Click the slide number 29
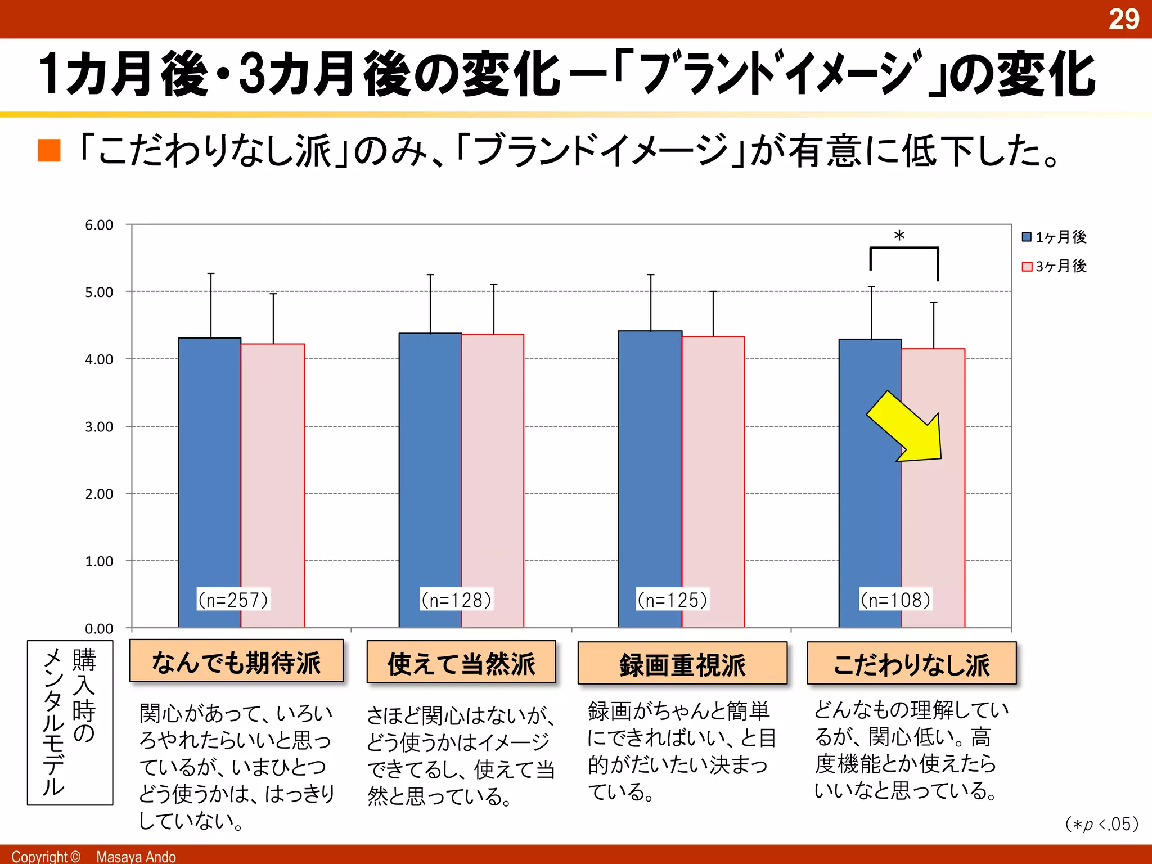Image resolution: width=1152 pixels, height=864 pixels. [x=1123, y=19]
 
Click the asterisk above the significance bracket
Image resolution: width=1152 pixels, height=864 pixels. [x=899, y=236]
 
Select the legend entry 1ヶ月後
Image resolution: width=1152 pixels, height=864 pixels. [x=1054, y=237]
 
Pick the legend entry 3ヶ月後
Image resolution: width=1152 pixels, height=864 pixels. [x=1054, y=266]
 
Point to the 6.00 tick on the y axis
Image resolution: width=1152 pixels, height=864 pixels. [x=99, y=225]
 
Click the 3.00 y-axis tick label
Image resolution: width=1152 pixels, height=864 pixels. [x=99, y=427]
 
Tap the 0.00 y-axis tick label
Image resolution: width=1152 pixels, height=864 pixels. [x=99, y=628]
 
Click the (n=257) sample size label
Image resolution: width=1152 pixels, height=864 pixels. [x=233, y=600]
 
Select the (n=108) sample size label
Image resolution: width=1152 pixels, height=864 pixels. [x=895, y=600]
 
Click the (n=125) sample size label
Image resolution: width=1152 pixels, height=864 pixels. [x=672, y=600]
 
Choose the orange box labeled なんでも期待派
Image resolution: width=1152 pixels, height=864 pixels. [x=236, y=661]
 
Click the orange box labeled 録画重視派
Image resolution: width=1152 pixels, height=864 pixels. [x=682, y=664]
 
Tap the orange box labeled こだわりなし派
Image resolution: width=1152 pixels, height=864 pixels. [x=911, y=664]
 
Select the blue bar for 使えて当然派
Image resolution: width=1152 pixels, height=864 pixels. [x=430, y=478]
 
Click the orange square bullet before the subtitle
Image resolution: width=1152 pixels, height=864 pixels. [x=49, y=150]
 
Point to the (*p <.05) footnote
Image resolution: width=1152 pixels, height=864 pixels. [x=1101, y=825]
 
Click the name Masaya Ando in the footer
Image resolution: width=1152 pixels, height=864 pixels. [x=136, y=856]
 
